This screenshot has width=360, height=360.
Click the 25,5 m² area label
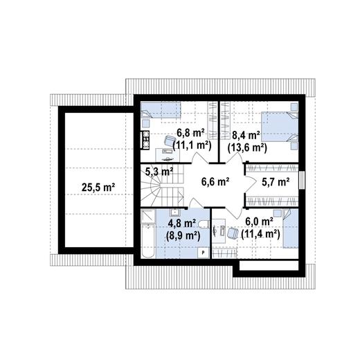[98, 187]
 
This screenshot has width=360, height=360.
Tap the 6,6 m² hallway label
[215, 181]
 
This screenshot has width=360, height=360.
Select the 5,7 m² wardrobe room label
[276, 182]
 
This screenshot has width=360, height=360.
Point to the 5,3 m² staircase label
[159, 172]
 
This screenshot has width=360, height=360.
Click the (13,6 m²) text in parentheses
[247, 147]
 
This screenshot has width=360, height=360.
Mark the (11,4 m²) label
[260, 234]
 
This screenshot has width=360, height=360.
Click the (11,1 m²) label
[192, 145]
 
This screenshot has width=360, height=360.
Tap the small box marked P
[203, 253]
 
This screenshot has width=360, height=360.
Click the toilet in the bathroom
[204, 224]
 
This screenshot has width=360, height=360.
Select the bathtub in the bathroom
[147, 240]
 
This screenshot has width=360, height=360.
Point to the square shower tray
[147, 216]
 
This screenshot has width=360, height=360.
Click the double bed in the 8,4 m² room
[280, 127]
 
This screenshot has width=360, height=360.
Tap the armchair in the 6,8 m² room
[170, 141]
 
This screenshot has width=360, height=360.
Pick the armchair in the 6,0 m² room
[233, 233]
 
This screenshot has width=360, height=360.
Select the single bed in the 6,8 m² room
[161, 110]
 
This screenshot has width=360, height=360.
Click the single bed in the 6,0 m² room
[291, 228]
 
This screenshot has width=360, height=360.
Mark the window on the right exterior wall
[302, 180]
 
